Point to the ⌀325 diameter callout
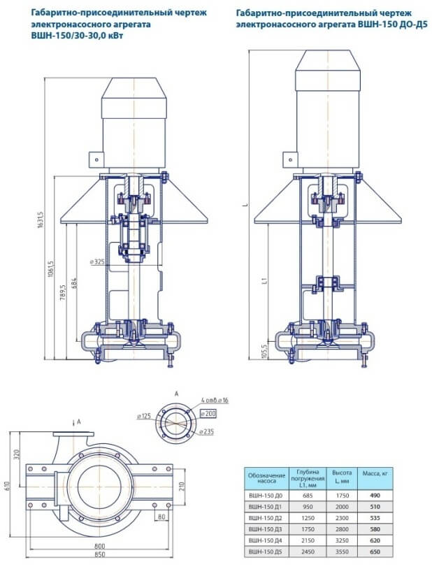coord(97,261)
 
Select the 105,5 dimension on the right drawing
coord(264,351)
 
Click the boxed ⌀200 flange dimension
coord(208,413)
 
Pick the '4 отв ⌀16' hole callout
coord(215,401)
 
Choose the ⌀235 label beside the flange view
coord(206,431)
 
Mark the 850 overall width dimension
coord(100,554)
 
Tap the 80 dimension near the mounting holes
coord(161,517)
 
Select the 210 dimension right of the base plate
coord(182,487)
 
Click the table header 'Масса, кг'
coord(375,473)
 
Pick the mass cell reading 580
coord(375,529)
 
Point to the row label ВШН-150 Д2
coord(266,518)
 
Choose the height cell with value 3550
coord(342,552)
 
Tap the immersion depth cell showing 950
coord(308,507)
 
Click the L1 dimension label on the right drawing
coord(264,280)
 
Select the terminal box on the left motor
coord(96,159)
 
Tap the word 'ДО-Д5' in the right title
coord(415,24)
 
